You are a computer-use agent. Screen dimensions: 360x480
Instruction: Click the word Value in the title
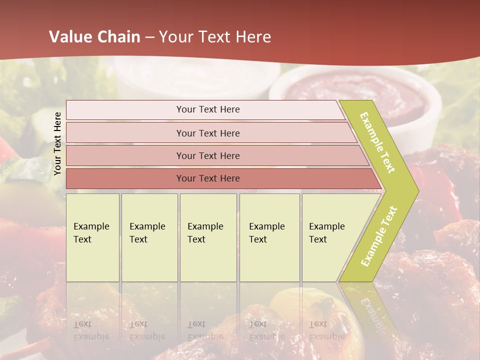click(x=70, y=37)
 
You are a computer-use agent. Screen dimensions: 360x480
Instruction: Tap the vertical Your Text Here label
click(x=57, y=143)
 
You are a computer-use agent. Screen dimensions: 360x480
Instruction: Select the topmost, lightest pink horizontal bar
click(x=125, y=110)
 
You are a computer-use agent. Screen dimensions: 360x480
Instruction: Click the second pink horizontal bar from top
click(x=125, y=133)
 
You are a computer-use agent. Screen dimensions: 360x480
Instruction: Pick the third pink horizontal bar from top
click(x=125, y=156)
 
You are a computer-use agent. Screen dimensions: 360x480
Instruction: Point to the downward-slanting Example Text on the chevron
click(x=377, y=142)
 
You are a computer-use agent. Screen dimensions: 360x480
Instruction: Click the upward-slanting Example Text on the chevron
click(x=379, y=236)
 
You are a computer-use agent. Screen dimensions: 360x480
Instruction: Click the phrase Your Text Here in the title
click(x=215, y=37)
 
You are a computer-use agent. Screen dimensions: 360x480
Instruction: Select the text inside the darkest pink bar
click(x=208, y=178)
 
